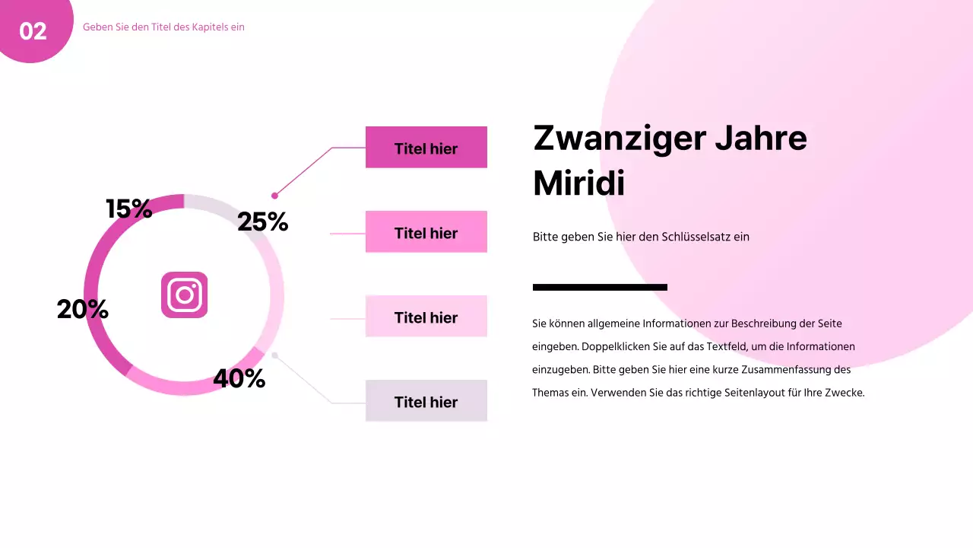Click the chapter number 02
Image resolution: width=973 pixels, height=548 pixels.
33,31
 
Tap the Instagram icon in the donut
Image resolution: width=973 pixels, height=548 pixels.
184,295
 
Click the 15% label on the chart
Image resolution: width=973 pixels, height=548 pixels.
129,209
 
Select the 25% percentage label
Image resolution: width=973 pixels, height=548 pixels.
262,221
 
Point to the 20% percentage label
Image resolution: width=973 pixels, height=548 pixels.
82,309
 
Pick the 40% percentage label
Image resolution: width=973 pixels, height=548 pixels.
239,378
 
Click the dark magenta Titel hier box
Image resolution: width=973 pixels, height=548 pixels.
426,148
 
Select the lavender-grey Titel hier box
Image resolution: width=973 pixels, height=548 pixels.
426,401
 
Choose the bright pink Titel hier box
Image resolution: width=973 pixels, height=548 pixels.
426,232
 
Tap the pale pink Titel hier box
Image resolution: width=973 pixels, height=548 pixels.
426,317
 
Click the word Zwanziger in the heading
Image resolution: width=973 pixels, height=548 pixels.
616,139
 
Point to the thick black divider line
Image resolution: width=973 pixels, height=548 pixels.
600,287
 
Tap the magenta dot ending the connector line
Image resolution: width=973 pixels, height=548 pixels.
274,196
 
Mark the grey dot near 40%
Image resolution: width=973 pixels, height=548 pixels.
274,355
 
